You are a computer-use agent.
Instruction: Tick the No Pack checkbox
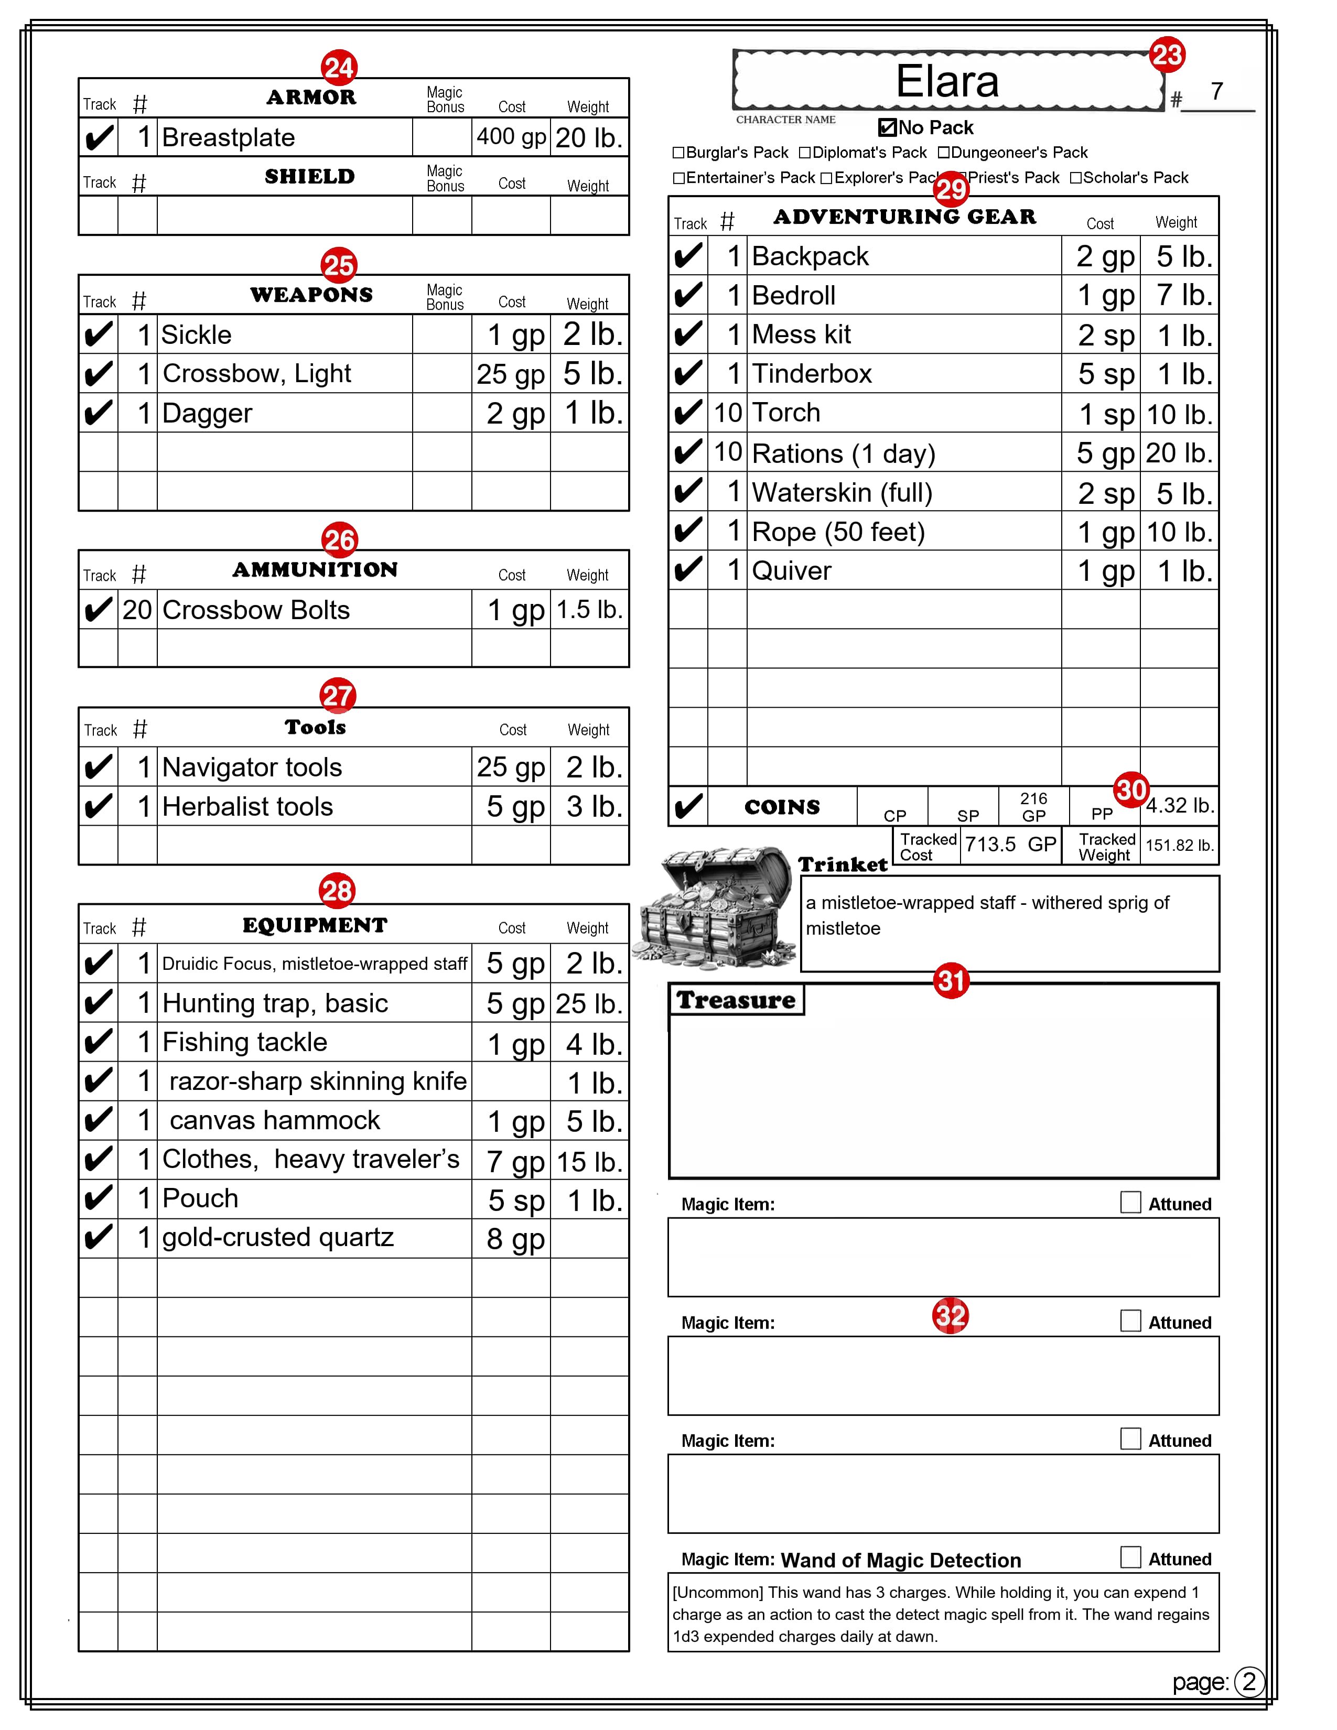click(x=887, y=127)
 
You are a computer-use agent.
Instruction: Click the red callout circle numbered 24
click(x=339, y=68)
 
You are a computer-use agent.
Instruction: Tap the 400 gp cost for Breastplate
click(x=511, y=137)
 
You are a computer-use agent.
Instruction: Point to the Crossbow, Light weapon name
click(x=256, y=373)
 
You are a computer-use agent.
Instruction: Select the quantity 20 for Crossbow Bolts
click(x=137, y=610)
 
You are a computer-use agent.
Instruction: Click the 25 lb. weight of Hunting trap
click(x=588, y=1003)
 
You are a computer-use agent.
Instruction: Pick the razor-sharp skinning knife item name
click(x=318, y=1081)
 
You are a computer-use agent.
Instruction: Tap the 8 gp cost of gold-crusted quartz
click(x=515, y=1238)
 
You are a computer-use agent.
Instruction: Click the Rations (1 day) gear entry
click(x=844, y=453)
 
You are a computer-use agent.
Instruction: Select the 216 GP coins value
click(x=1033, y=806)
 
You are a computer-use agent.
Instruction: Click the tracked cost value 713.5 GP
click(x=1010, y=845)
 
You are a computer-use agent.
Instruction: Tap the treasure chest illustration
click(x=726, y=907)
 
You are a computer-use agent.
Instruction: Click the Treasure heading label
click(x=736, y=1000)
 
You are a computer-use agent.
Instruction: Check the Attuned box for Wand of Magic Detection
click(x=1130, y=1558)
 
